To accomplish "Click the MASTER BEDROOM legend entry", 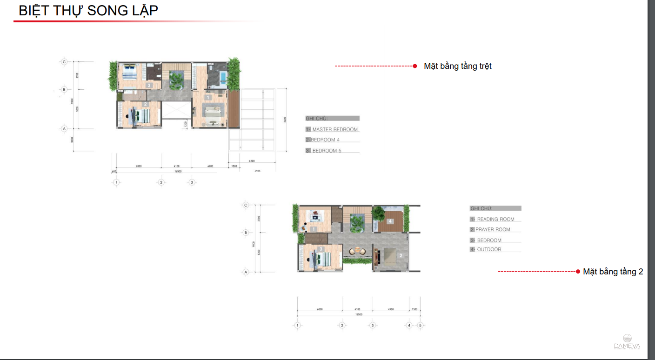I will point(332,129).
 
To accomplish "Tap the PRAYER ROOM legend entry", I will point(493,229).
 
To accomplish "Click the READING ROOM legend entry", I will point(495,219).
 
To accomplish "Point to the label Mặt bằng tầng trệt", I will point(457,66).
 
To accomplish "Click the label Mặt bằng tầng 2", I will point(613,272).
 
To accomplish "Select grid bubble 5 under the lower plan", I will point(420,326).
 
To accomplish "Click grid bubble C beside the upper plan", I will point(65,61).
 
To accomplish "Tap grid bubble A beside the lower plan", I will point(246,272).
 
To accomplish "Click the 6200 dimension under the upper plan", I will point(252,161).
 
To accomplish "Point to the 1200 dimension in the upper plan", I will point(186,124).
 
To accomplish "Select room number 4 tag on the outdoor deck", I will point(390,221).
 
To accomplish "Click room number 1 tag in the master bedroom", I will point(208,97).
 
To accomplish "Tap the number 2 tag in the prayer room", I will point(400,255).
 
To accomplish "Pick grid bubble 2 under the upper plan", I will point(161,182).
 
